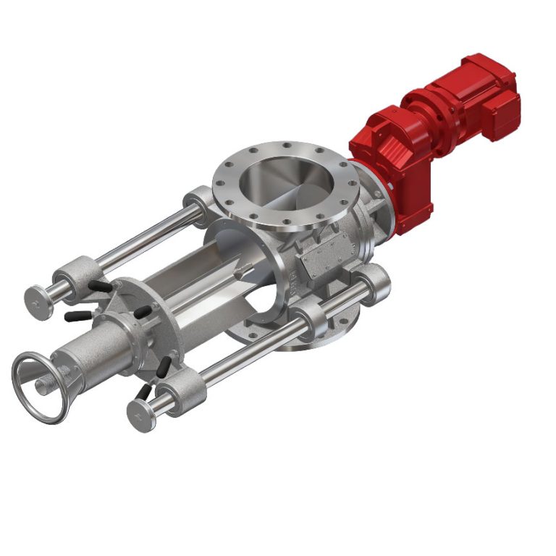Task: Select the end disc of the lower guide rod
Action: pos(140,416)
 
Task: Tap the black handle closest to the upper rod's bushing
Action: pos(101,287)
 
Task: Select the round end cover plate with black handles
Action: pos(145,326)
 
